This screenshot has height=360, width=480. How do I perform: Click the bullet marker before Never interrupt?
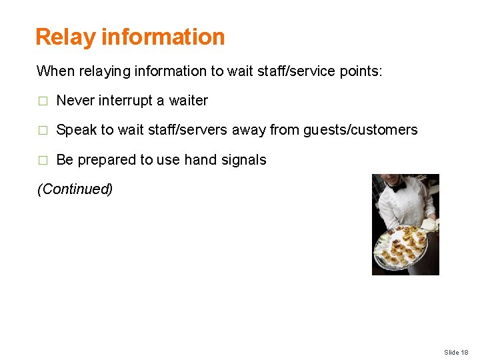(43, 101)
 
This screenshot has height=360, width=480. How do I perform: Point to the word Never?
(75, 101)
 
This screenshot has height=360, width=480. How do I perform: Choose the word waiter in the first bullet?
(189, 101)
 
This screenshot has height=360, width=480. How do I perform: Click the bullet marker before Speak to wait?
(43, 131)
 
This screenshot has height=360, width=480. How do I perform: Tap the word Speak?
(76, 130)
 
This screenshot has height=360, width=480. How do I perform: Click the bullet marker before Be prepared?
(43, 161)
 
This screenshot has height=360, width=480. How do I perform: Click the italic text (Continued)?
(75, 189)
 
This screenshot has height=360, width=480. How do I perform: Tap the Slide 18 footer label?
(456, 352)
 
